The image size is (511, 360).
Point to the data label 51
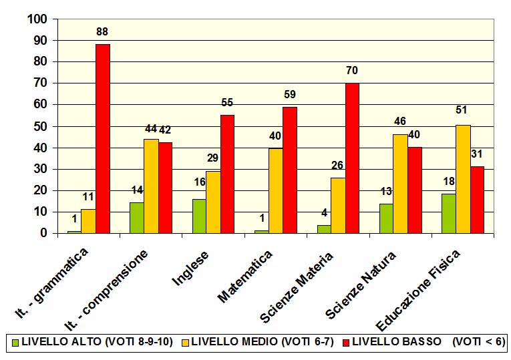[462, 110]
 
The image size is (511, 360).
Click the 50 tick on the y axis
[41, 126]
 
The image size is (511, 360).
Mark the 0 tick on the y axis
[43, 233]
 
